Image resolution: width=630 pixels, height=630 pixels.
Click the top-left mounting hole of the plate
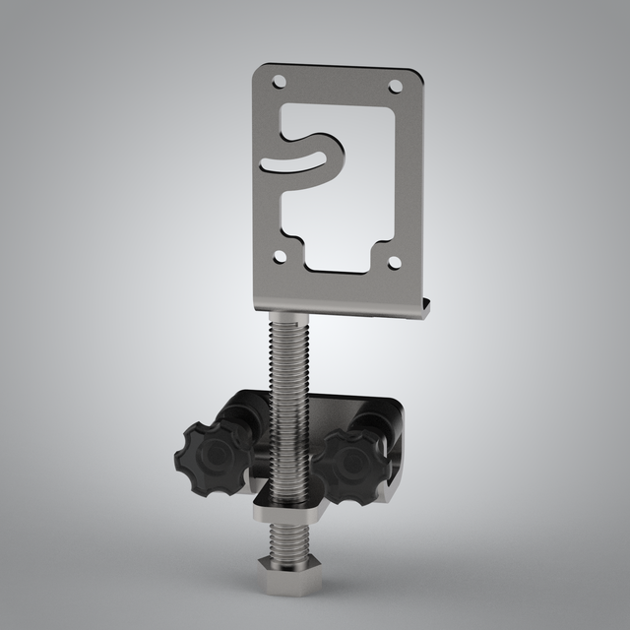[279, 82]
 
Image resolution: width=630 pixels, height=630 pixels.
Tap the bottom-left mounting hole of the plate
[281, 256]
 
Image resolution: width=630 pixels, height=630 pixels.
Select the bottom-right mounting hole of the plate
[394, 263]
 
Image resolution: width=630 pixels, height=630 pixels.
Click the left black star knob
[213, 455]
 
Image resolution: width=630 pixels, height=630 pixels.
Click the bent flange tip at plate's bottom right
[425, 308]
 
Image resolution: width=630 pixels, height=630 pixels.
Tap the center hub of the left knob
[210, 456]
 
